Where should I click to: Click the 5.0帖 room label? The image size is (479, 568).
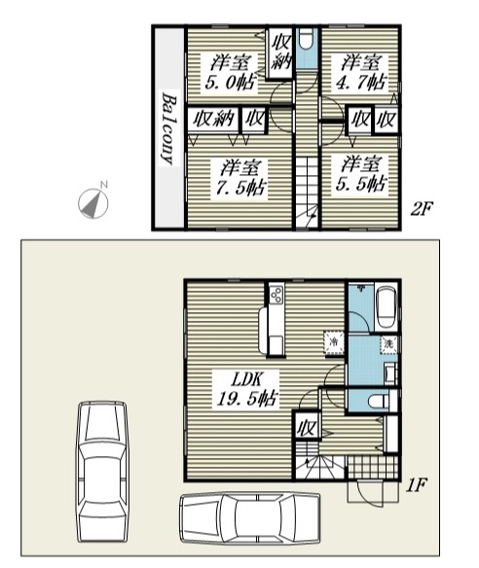tap(230, 73)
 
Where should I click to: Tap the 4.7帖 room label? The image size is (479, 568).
tap(360, 73)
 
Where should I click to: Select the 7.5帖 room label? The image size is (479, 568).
tap(239, 178)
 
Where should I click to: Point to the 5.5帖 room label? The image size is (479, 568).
tap(360, 174)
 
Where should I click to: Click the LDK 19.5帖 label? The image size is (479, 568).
tap(246, 388)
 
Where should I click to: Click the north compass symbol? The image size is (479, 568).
tap(93, 202)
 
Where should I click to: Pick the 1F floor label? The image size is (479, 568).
tap(416, 485)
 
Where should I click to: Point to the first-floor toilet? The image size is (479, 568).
tap(377, 401)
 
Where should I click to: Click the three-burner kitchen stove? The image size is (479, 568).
tap(276, 295)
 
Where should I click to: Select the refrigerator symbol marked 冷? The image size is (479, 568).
tap(334, 341)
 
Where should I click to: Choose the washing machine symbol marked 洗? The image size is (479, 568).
tap(388, 343)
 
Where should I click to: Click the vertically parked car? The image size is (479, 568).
tap(102, 472)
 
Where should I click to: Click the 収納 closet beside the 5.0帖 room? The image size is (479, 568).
tap(279, 53)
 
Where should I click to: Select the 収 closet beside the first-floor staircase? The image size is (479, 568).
tap(307, 426)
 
